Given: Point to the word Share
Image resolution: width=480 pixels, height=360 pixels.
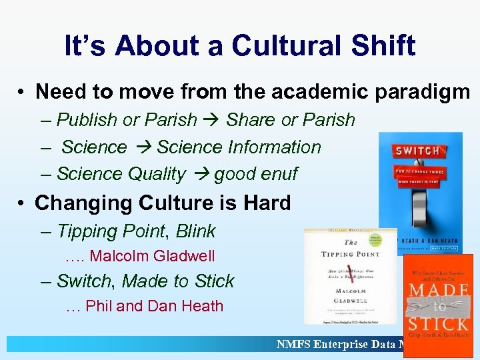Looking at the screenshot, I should pyautogui.click(x=251, y=120).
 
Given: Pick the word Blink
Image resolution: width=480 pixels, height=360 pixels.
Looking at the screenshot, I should pyautogui.click(x=196, y=231).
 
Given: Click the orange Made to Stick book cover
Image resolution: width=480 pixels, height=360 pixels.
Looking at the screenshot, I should pyautogui.click(x=438, y=305).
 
